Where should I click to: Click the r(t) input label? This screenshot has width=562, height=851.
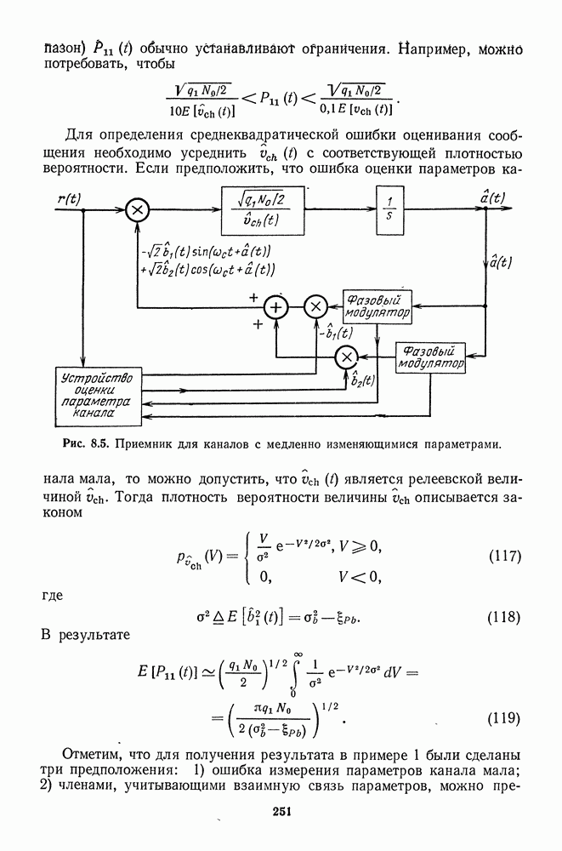(x=69, y=198)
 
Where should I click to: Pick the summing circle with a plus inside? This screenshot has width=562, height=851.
(x=275, y=306)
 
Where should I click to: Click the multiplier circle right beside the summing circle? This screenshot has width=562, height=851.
(x=315, y=306)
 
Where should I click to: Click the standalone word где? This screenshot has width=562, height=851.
(x=54, y=595)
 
